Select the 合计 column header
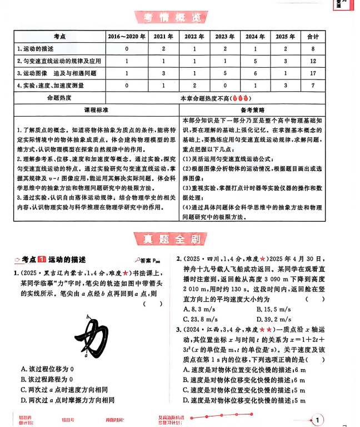pos(313,37)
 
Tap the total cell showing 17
pos(313,73)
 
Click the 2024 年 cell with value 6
pos(255,73)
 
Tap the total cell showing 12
pos(313,61)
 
